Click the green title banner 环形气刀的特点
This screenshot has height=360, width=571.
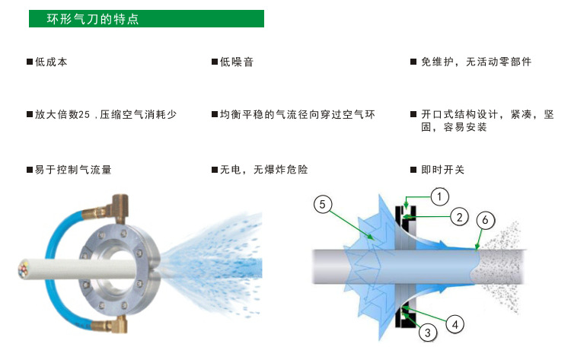146,18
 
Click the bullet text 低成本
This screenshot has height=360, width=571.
51,62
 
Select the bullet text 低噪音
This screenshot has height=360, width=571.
237,62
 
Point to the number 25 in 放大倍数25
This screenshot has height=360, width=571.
84,114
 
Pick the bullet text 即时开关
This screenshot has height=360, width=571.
442,170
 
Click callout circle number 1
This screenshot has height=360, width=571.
439,196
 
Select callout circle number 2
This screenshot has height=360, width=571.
458,217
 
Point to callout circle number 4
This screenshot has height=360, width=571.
455,323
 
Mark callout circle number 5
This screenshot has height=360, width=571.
323,204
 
